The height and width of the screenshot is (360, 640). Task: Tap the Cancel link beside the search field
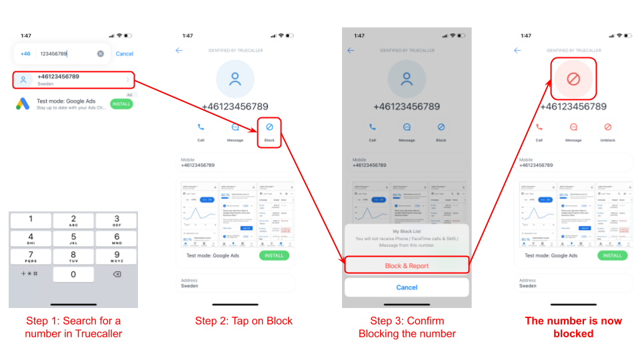click(124, 54)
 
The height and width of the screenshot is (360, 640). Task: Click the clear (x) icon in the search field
click(101, 54)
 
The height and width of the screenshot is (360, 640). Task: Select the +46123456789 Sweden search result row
click(73, 80)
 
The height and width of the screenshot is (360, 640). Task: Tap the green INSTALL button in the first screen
click(121, 104)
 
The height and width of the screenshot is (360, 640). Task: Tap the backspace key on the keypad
click(116, 274)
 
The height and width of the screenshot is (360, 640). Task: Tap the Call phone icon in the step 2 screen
click(201, 127)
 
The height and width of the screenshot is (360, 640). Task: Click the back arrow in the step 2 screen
click(179, 51)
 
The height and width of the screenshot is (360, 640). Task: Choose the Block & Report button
click(407, 265)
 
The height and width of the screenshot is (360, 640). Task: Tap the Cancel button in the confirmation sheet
click(407, 287)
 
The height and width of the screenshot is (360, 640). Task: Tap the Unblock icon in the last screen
click(607, 127)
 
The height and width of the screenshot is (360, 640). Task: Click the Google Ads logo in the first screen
click(23, 104)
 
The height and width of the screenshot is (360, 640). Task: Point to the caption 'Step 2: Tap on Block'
click(244, 321)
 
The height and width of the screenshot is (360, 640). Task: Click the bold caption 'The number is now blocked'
click(573, 327)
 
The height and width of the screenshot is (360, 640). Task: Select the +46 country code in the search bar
click(25, 54)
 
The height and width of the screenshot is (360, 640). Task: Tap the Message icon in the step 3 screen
click(407, 127)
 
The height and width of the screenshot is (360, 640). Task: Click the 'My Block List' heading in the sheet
click(407, 231)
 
